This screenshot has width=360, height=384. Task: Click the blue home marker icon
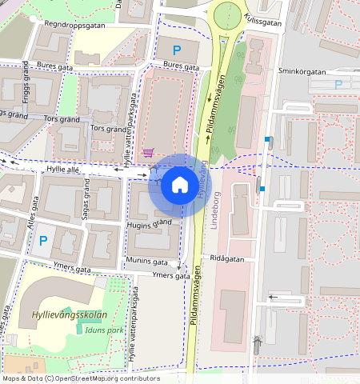[x=180, y=186]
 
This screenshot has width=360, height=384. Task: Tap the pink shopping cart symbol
[x=148, y=152]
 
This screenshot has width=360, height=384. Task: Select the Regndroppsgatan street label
[x=75, y=25]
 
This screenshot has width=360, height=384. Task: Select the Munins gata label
[x=146, y=262]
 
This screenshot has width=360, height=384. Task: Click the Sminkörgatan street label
[x=302, y=71]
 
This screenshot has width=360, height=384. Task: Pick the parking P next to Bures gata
[x=177, y=50]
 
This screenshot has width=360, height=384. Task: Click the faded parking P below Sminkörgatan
[x=338, y=84]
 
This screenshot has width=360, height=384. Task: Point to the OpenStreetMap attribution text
[x=80, y=378]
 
